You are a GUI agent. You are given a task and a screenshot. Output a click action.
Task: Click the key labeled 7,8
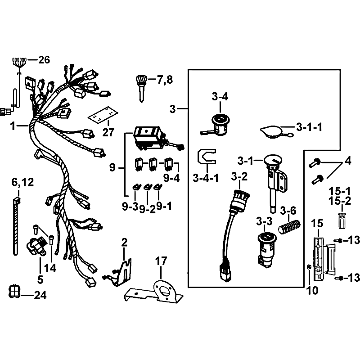(x=141, y=88)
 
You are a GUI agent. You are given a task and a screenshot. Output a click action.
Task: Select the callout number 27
(x=108, y=132)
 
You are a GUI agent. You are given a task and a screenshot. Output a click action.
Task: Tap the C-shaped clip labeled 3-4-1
(x=206, y=157)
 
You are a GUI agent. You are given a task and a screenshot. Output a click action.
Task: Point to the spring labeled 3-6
(x=289, y=226)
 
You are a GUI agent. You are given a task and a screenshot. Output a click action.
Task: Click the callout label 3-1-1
(x=309, y=127)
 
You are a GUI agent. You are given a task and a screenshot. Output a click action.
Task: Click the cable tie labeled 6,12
(x=16, y=226)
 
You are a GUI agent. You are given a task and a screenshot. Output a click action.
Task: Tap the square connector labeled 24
(x=14, y=291)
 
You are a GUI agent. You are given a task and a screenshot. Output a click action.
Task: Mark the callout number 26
(x=44, y=60)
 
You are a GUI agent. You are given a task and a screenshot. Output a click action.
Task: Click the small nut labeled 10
(x=309, y=267)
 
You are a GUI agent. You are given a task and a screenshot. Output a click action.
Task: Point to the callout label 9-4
(x=171, y=178)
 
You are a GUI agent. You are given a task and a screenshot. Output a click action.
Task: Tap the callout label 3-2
(x=239, y=176)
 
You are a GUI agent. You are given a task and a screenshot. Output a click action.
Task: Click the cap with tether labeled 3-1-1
(x=273, y=132)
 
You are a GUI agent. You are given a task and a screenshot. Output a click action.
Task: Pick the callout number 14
(x=50, y=268)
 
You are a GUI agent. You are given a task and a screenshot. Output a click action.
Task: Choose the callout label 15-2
(x=340, y=201)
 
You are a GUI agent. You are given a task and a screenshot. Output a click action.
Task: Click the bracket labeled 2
(x=119, y=273)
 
